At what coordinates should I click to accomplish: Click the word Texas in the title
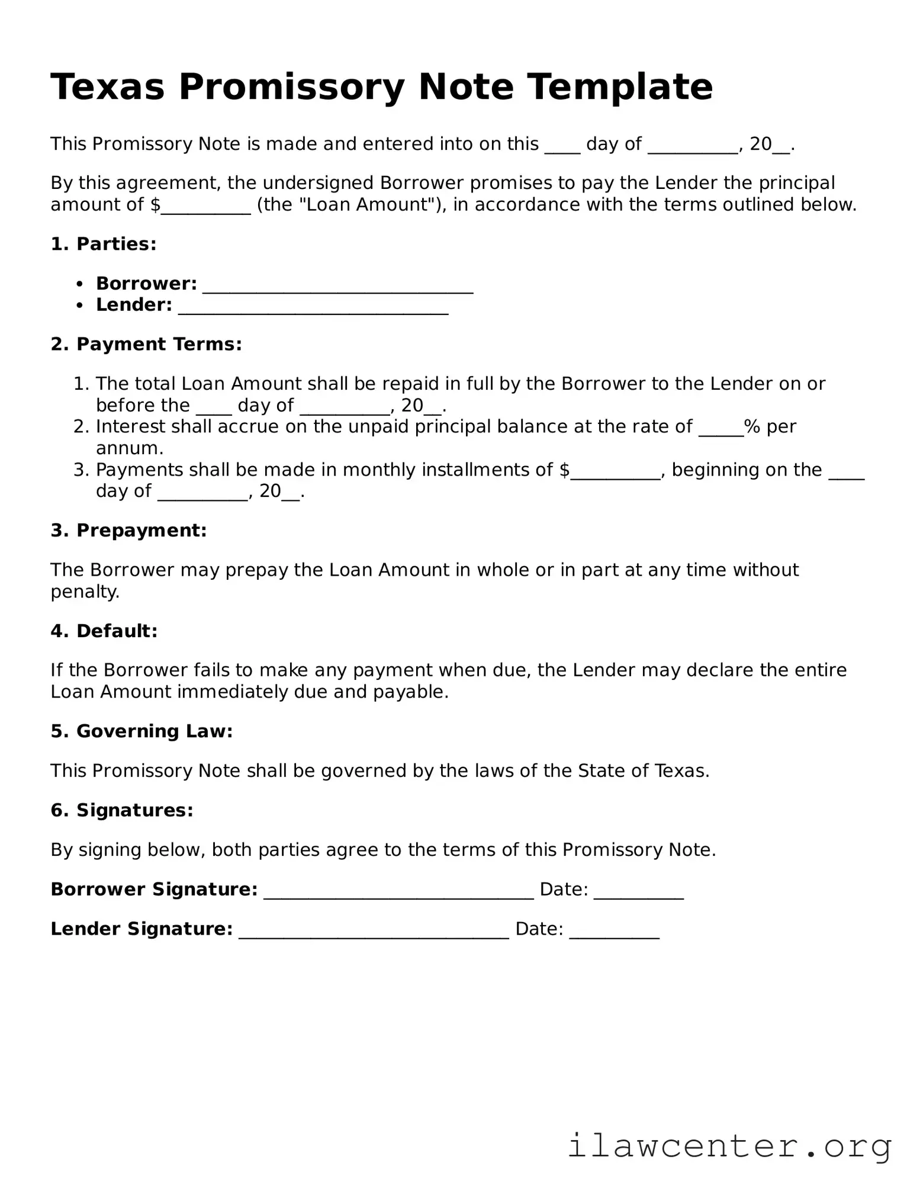pyautogui.click(x=107, y=87)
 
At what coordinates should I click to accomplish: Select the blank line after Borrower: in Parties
pyautogui.click(x=337, y=286)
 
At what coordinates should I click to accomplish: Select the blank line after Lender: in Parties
pyautogui.click(x=313, y=307)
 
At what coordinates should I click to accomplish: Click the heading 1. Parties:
pyautogui.click(x=104, y=244)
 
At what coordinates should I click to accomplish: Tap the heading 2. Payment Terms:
pyautogui.click(x=146, y=344)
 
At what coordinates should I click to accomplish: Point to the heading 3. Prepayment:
pyautogui.click(x=128, y=530)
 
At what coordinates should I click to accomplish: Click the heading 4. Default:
pyautogui.click(x=104, y=631)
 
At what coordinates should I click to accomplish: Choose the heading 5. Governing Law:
pyautogui.click(x=141, y=731)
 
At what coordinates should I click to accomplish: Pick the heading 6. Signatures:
pyautogui.click(x=122, y=810)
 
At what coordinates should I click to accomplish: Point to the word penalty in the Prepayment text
pyautogui.click(x=84, y=592)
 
